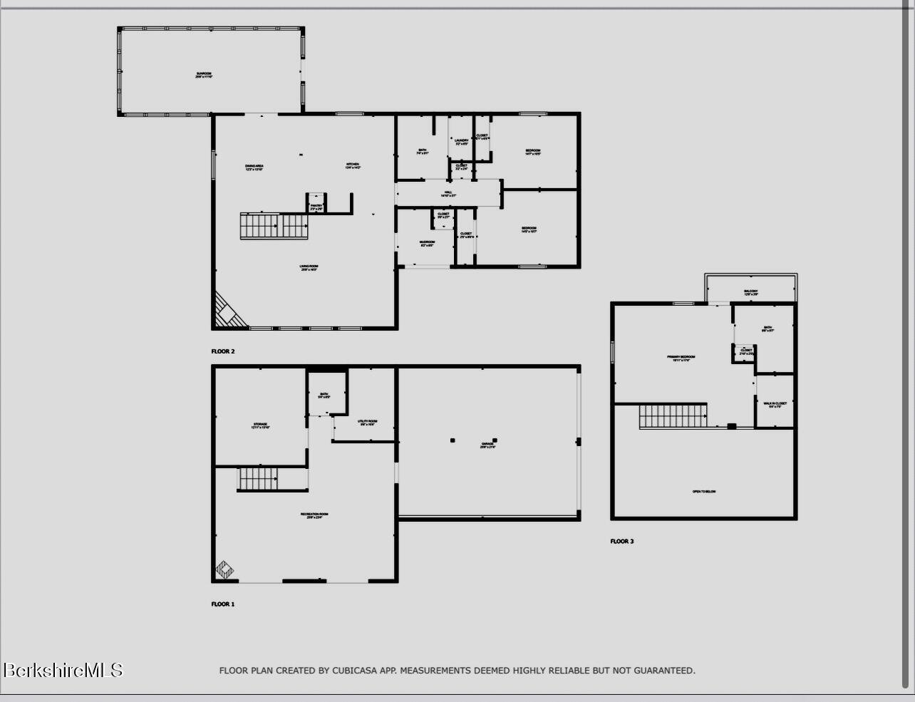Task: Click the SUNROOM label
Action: pos(204,75)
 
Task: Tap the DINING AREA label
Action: pos(254,167)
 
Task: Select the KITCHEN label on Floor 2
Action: pos(353,165)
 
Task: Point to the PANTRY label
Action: pos(316,207)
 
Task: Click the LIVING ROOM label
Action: pos(309,268)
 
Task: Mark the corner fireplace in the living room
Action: pos(227,312)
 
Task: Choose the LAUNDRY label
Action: pos(462,142)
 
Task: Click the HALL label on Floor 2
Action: pos(448,193)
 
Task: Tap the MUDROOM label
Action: pos(427,243)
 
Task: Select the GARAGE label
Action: pos(487,445)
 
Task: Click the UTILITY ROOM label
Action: pos(368,423)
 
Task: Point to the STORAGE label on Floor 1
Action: pos(260,425)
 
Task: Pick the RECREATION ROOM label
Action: pos(314,515)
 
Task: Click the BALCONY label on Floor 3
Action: pos(751,292)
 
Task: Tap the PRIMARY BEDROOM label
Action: pos(681,358)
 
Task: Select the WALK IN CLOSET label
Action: pos(775,405)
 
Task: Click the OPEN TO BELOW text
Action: pos(703,492)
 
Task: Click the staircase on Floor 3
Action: pos(673,416)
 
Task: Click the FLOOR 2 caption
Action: pos(222,351)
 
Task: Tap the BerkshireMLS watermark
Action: pos(63,670)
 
